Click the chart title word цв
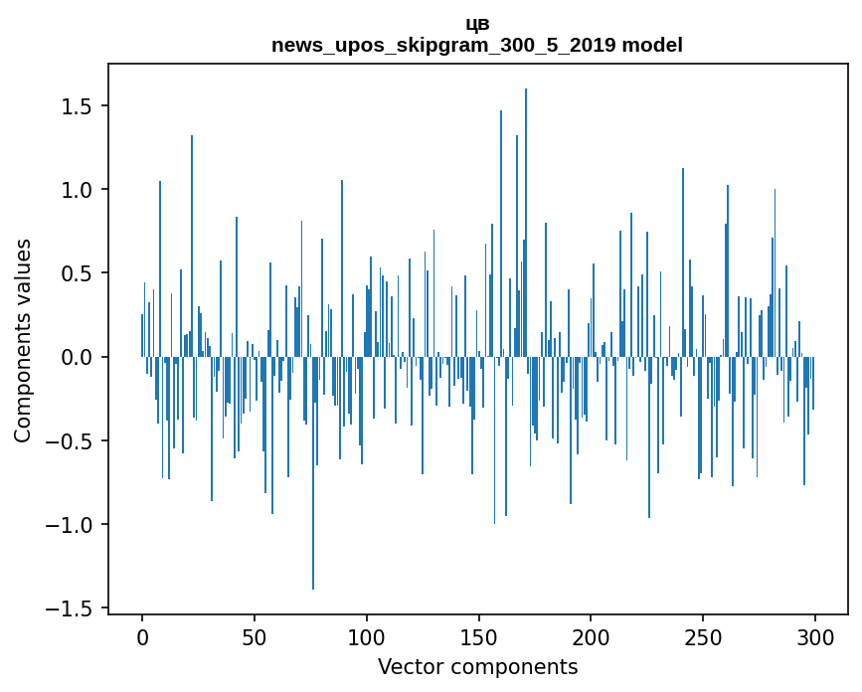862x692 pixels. pos(477,24)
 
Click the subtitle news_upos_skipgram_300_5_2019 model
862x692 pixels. pos(477,45)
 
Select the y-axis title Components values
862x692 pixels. pos(23,340)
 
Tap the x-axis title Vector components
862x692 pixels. pos(477,667)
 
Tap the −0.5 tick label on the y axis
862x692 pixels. pos(73,440)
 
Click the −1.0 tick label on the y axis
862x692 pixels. pos(73,524)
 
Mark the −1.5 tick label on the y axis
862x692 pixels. pos(73,607)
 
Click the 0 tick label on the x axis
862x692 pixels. pos(142,636)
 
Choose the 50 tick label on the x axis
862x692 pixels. pos(255,636)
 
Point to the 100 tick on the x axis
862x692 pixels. pos(367,636)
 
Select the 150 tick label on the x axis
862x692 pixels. pos(479,636)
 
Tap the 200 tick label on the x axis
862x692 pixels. pos(592,636)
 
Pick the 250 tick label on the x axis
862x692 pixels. pos(704,636)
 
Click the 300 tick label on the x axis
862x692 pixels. pos(815,636)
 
